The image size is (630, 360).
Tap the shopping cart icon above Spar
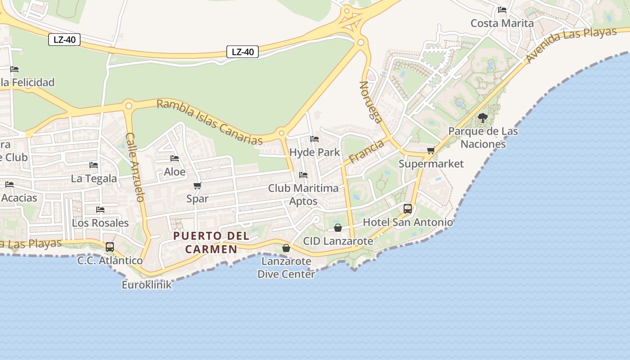(x=197, y=185)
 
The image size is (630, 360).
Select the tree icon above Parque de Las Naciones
(x=483, y=118)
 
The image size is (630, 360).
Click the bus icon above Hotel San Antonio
(x=408, y=208)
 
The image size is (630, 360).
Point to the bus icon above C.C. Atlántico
(x=110, y=247)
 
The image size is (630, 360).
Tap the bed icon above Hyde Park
(x=315, y=139)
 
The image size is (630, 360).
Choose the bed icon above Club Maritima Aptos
(x=303, y=175)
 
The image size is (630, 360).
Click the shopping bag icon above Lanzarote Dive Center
(x=286, y=248)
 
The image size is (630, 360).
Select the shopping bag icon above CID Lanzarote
(x=338, y=228)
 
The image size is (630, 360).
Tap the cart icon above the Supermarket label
(x=431, y=150)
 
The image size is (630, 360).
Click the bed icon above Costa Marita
(x=502, y=9)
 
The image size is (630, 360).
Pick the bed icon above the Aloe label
(x=175, y=158)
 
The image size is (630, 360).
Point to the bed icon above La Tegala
(x=94, y=165)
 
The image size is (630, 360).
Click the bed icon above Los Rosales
(x=100, y=210)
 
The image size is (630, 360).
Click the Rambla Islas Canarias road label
(x=210, y=122)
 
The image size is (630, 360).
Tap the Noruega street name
(x=371, y=102)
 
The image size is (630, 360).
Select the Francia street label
(x=366, y=151)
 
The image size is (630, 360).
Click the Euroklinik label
(x=147, y=284)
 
